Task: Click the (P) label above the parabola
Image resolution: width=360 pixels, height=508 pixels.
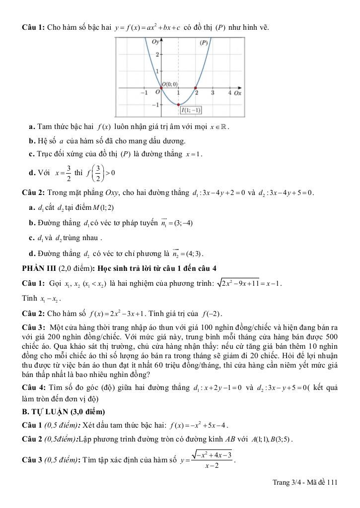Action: click(204, 43)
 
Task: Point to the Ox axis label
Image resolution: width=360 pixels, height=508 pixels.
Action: click(237, 93)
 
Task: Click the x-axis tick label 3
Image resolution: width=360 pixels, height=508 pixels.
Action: click(213, 93)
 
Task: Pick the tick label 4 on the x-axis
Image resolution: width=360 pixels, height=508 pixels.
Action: click(229, 93)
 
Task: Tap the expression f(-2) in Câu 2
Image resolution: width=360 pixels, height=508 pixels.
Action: click(213, 314)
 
